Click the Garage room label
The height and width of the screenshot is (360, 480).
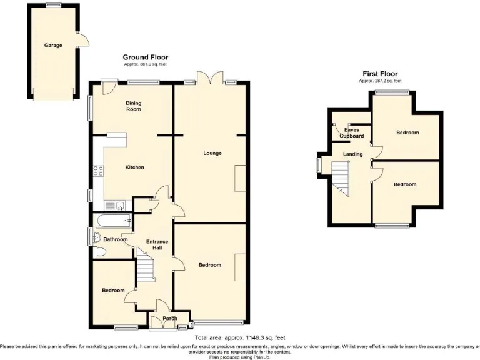coord(52,46)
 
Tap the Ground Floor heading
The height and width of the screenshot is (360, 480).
coord(146,57)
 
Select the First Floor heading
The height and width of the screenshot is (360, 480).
coord(380,74)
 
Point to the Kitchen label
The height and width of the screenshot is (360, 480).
coord(134,167)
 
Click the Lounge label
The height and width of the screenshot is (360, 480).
coord(212,152)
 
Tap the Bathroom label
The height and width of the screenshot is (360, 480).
coord(116,239)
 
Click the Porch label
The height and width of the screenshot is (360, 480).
coord(169,319)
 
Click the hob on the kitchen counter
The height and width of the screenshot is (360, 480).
coord(98,169)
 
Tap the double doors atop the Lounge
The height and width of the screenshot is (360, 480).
coord(206,78)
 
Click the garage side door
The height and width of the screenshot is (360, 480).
coord(82,39)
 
